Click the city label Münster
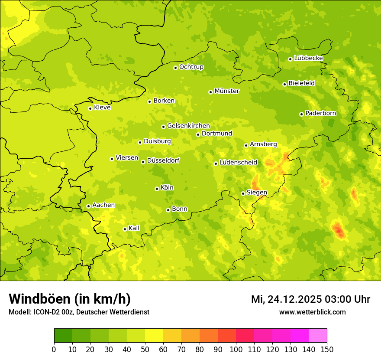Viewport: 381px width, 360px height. tap(226, 91)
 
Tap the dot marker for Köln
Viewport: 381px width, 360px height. tap(157, 189)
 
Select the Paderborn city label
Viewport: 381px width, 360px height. tap(320, 113)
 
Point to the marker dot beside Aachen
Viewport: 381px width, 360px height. tap(88, 206)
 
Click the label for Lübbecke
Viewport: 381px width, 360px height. tap(308, 58)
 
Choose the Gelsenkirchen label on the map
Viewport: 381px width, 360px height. tap(188, 126)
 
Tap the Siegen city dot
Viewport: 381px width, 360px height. tap(243, 193)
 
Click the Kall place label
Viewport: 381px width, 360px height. tap(134, 228)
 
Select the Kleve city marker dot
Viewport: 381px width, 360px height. tap(90, 108)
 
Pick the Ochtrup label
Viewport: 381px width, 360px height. tap(191, 67)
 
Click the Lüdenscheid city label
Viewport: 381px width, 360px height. tap(238, 163)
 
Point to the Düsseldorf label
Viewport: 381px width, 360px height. tap(163, 160)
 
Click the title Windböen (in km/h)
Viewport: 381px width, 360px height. tap(69, 299)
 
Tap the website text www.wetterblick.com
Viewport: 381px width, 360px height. tap(312, 312)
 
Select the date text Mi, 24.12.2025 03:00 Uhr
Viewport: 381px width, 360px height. tap(310, 299)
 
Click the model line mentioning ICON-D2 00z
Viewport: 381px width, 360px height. tap(79, 312)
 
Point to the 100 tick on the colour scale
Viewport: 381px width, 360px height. tap(236, 349)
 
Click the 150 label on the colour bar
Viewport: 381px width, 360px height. tap(327, 349)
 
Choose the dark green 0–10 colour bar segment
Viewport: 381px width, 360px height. tap(63, 336)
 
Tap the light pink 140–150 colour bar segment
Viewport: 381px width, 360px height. tap(318, 336)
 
